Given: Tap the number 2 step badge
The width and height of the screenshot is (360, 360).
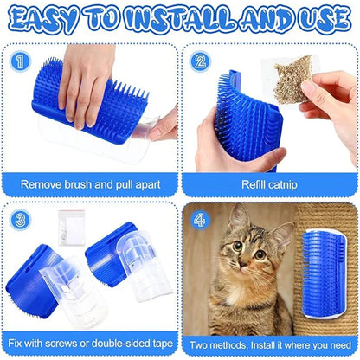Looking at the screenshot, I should click(201, 61).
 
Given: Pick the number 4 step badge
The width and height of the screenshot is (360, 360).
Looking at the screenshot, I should click(201, 220).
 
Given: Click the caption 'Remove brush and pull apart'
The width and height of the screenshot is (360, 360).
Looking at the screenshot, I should click(91, 183).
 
